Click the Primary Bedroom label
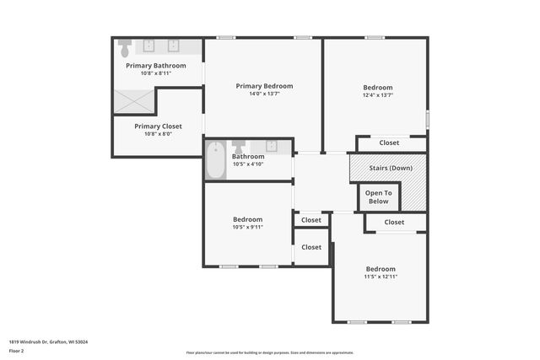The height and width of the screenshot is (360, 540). coord(264,86)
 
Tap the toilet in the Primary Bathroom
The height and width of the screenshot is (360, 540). coord(125,45)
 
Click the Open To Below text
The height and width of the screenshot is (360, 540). coord(379,196)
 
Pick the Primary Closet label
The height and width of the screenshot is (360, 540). coord(158,126)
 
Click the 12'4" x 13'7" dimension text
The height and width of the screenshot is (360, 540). coord(378,95)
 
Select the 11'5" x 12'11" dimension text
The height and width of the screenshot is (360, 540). coord(381,277)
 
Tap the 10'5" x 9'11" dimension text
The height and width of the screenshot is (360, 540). coord(248,227)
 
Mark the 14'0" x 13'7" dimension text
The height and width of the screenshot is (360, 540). coord(264,94)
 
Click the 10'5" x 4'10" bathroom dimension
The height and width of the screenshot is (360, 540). coord(248,164)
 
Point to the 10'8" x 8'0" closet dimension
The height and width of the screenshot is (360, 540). coord(158,134)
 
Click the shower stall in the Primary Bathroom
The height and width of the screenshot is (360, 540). coord(136,101)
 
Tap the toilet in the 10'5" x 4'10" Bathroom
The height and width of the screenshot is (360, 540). coord(238,147)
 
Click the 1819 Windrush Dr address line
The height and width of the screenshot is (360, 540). coord(49,341)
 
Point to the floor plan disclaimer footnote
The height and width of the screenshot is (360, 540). coord(269,352)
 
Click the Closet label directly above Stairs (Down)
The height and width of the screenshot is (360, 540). coord(389,142)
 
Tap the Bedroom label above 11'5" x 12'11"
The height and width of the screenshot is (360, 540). coord(381,269)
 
